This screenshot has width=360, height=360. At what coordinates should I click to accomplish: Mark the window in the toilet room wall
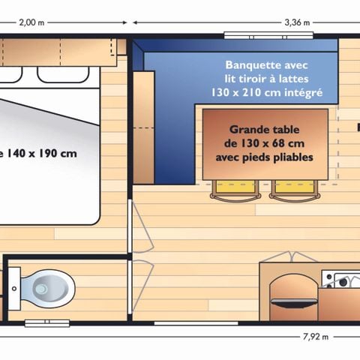pos(46,323)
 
